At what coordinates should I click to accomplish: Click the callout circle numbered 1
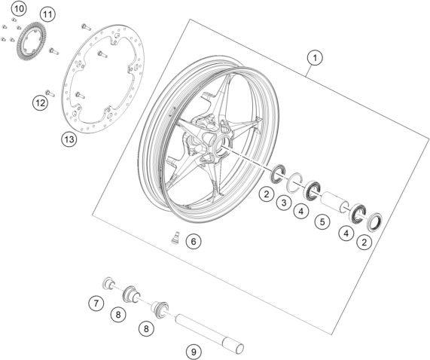[315, 57]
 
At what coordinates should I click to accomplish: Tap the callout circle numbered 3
[284, 203]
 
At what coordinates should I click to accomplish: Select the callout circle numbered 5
[322, 221]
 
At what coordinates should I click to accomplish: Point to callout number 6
[194, 242]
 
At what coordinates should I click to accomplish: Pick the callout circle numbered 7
[96, 304]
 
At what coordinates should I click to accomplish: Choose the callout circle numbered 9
[193, 350]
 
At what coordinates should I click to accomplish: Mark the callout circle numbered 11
[48, 14]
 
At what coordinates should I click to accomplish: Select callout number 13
[69, 139]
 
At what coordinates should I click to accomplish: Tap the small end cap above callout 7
[108, 283]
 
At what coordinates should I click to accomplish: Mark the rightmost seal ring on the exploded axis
[374, 221]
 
